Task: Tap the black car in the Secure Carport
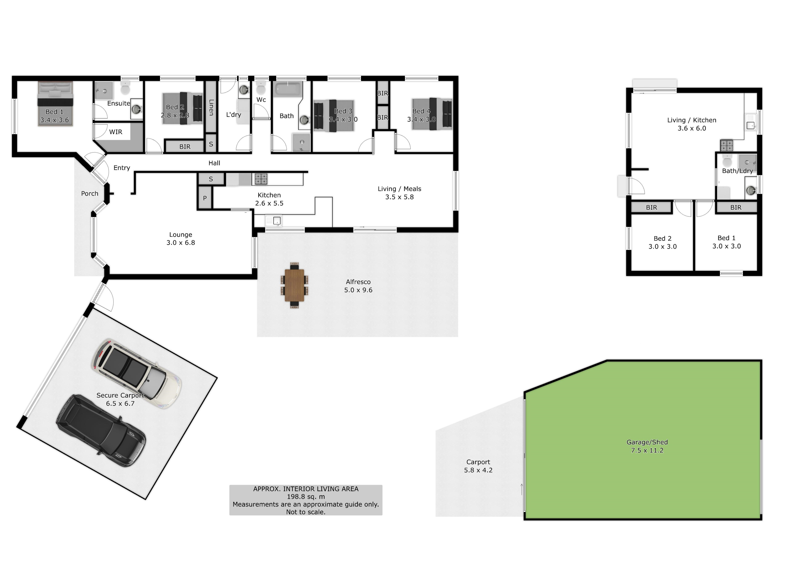pos(101,431)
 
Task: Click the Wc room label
pos(261,100)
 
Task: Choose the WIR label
pos(116,132)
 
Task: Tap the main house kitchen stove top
pos(261,179)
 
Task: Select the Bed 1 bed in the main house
pos(55,104)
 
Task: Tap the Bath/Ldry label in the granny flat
pos(737,171)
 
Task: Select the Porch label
pos(90,194)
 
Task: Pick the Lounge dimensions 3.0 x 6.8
pos(181,243)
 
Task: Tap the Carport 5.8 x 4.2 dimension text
pos(478,470)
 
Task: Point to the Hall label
pos(214,163)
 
